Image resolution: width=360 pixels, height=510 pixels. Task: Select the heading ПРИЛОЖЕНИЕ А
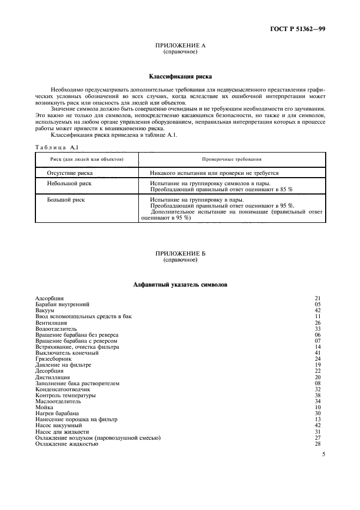(x=180, y=46)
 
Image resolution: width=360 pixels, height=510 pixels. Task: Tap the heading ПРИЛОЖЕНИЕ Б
(x=180, y=254)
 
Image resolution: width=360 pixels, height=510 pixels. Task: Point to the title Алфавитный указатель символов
(x=180, y=284)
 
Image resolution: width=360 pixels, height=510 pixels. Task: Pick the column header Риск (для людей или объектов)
(x=87, y=159)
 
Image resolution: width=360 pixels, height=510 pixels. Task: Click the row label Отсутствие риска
(x=70, y=173)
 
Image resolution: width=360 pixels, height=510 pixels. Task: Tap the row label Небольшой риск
(x=69, y=184)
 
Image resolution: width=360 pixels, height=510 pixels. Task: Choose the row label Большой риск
(x=66, y=199)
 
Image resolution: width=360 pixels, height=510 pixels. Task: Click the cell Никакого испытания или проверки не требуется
(x=214, y=173)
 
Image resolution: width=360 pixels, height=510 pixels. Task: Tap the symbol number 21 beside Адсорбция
(x=319, y=298)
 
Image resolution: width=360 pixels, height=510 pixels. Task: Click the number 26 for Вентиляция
(x=319, y=323)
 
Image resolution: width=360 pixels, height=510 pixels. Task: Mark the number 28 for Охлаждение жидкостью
(x=319, y=444)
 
